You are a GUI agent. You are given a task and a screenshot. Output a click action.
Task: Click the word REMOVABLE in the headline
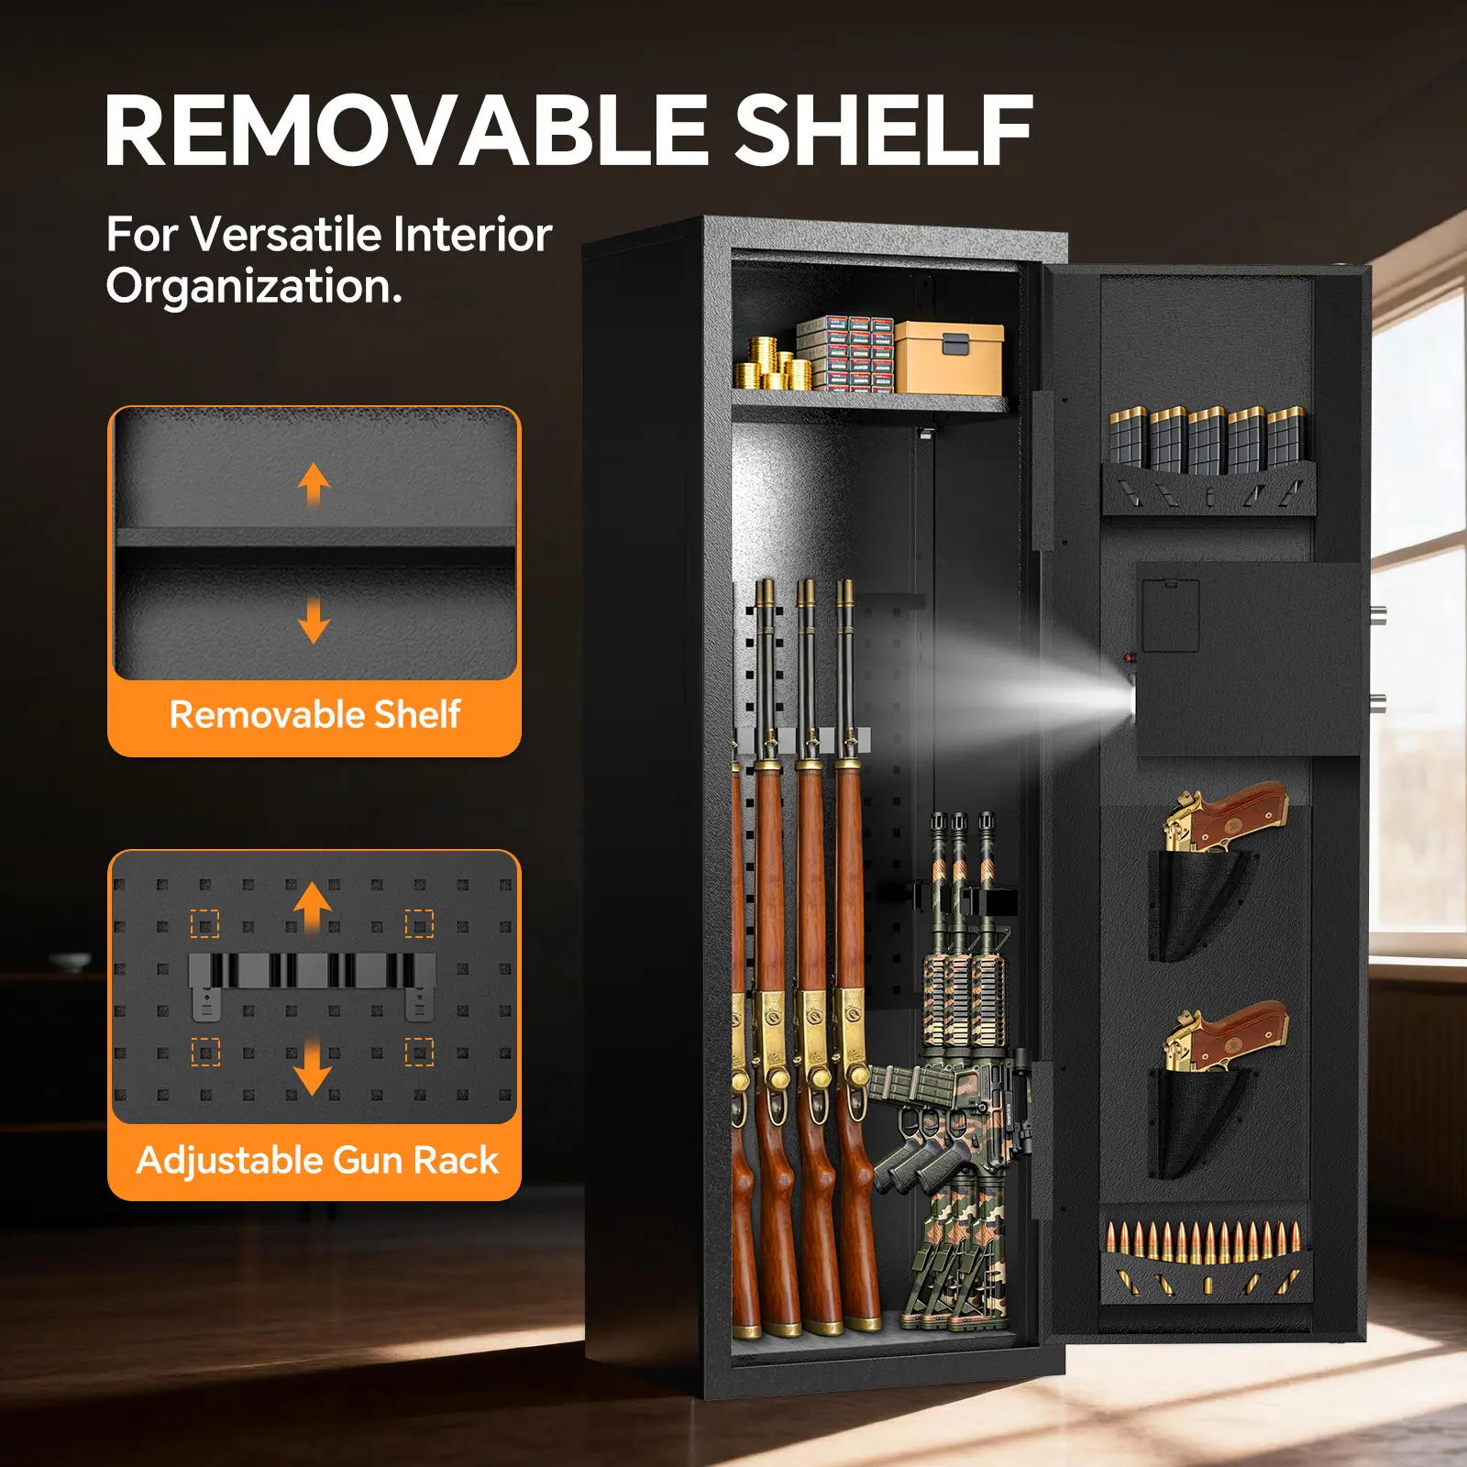(x=406, y=130)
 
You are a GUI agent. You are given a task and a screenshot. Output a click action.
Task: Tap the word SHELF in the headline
(x=884, y=130)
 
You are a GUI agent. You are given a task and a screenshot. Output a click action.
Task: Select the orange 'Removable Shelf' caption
(x=314, y=714)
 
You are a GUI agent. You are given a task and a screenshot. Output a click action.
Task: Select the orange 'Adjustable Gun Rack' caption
(x=316, y=1160)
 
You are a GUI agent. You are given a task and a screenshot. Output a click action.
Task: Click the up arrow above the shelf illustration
(x=314, y=484)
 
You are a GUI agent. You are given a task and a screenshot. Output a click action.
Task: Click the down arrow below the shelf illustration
(x=314, y=620)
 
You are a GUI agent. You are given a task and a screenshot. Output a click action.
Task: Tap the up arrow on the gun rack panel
(x=313, y=908)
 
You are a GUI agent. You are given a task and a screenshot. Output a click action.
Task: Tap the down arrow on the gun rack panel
(x=313, y=1065)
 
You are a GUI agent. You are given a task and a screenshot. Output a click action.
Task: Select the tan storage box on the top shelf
(x=949, y=358)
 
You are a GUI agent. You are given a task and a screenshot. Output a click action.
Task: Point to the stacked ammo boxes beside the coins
(x=845, y=354)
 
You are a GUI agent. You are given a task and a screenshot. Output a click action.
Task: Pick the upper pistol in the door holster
(x=1227, y=816)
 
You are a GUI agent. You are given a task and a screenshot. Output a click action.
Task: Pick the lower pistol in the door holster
(x=1227, y=1036)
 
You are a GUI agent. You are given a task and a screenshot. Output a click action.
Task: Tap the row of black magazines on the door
(x=1207, y=438)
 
